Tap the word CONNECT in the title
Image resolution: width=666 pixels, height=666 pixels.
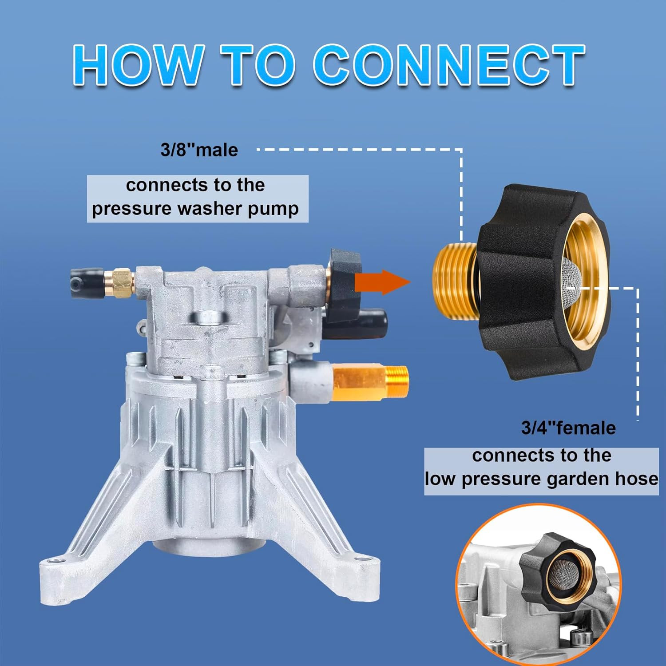pyautogui.click(x=449, y=65)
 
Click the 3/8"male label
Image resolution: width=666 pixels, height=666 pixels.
pyautogui.click(x=199, y=150)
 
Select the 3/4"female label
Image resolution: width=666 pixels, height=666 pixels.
pyautogui.click(x=568, y=428)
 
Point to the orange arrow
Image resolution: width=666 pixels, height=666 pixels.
pyautogui.click(x=382, y=282)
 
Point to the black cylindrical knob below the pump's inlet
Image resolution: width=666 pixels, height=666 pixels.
pyautogui.click(x=364, y=321)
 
